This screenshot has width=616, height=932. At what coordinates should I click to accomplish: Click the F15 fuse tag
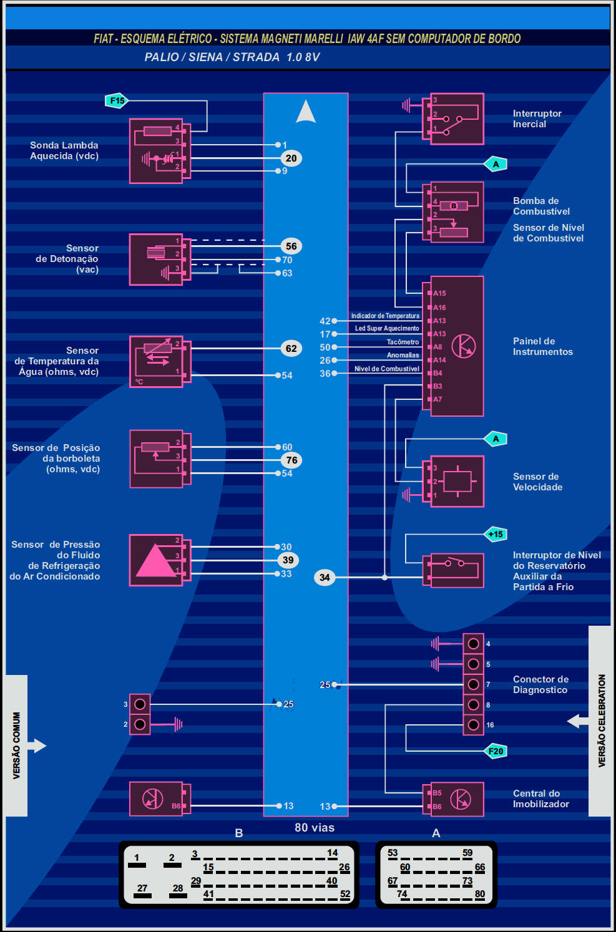[117, 100]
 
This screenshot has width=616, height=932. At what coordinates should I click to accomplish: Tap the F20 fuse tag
[496, 751]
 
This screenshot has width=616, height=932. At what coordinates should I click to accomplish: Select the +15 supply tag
[496, 534]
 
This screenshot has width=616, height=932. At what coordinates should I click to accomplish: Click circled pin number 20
[291, 158]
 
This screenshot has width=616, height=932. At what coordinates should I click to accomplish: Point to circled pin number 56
[291, 246]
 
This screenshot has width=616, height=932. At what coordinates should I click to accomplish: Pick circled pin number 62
[291, 349]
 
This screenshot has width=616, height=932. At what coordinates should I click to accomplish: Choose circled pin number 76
[291, 460]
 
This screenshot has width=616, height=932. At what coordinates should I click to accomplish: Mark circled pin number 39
[288, 560]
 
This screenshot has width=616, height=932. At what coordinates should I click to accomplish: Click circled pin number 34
[325, 578]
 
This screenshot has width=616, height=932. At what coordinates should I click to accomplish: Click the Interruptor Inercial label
[537, 119]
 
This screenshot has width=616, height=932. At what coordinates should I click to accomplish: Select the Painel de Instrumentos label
[542, 346]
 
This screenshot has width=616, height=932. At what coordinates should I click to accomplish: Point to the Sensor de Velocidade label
[537, 482]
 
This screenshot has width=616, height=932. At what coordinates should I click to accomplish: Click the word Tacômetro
[403, 342]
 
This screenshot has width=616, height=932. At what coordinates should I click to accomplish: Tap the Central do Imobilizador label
[540, 799]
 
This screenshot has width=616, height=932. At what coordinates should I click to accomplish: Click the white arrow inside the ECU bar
[306, 112]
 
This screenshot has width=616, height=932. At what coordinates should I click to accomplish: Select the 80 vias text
[315, 828]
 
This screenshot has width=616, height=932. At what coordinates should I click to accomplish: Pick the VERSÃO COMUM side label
[16, 745]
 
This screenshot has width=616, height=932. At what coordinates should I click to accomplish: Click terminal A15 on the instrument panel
[439, 293]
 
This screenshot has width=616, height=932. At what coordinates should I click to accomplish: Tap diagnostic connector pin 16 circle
[474, 725]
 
